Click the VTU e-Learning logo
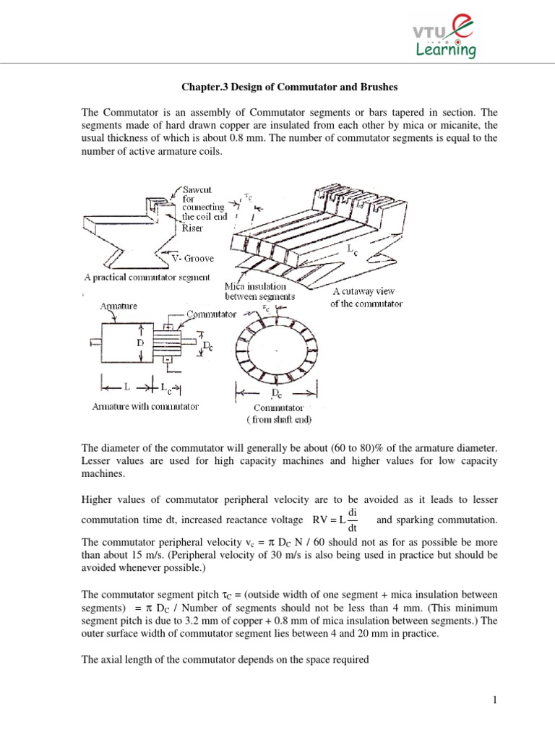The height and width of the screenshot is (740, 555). [x=444, y=37]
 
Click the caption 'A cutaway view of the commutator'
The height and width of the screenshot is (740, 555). [x=366, y=297]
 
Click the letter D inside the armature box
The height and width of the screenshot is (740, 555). [x=140, y=344]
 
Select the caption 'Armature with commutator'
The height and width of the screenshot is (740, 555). [x=145, y=407]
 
